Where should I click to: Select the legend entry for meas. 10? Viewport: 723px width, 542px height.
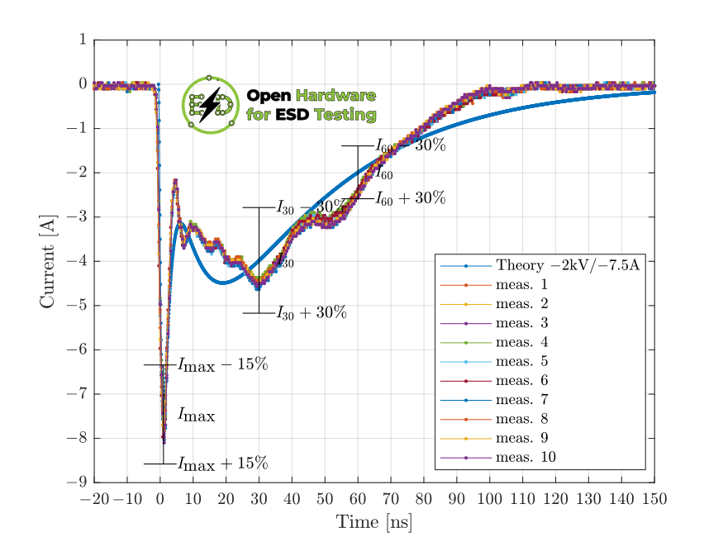point(526,457)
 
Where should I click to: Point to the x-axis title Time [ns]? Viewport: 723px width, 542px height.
point(373,522)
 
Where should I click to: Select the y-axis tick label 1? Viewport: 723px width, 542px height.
point(83,40)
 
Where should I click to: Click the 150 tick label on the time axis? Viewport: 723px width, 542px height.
point(654,498)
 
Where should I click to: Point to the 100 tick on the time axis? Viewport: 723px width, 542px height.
point(490,498)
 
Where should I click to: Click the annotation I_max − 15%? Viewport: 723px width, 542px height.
point(222,364)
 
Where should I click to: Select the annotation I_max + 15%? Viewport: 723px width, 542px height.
point(222,463)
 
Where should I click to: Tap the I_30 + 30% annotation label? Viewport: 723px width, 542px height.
point(312,312)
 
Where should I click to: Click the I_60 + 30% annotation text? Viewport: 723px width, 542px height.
point(411,198)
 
